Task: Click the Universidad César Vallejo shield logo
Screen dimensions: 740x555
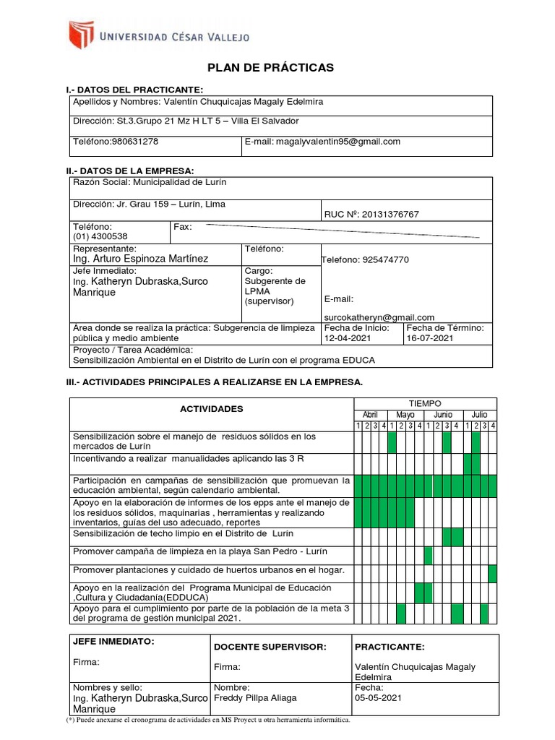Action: click(81, 35)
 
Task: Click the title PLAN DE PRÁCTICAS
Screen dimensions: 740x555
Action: click(271, 68)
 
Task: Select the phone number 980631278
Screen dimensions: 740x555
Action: click(134, 142)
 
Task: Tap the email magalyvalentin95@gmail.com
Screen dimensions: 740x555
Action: click(337, 142)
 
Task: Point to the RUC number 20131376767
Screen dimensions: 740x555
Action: click(392, 214)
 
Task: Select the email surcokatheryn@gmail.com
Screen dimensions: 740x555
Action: click(379, 317)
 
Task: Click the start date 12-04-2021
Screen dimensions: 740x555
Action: click(347, 337)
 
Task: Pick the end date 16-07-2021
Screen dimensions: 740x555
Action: click(430, 337)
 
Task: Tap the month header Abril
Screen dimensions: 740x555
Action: click(370, 415)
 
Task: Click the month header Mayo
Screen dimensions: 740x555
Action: click(405, 415)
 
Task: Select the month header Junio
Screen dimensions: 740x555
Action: click(442, 415)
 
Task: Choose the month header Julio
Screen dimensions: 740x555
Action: click(479, 415)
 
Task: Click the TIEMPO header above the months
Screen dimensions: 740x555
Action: click(425, 403)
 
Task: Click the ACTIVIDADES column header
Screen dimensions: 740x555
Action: click(212, 409)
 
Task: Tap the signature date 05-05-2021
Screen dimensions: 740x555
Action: click(379, 698)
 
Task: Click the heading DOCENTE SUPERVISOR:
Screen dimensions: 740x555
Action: click(271, 647)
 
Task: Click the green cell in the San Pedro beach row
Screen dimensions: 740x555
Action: click(429, 555)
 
